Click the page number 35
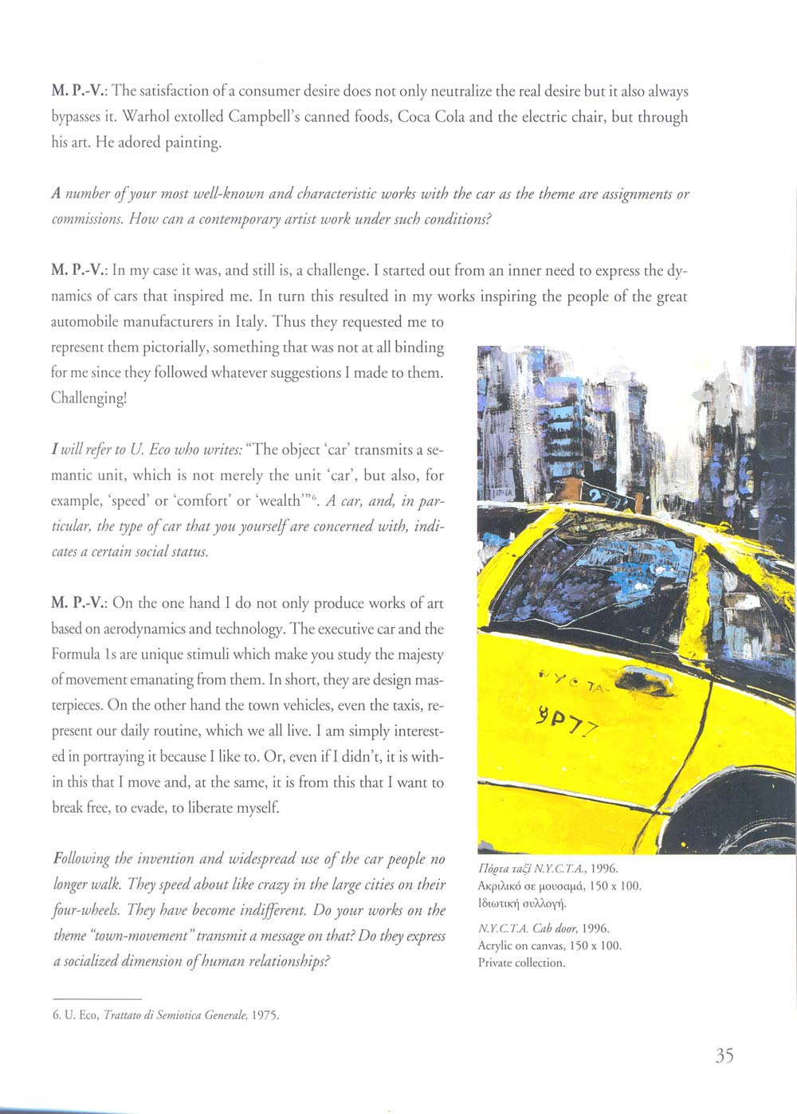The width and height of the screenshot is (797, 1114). [724, 1056]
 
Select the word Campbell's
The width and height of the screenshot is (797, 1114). [265, 117]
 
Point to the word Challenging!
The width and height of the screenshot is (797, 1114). [88, 398]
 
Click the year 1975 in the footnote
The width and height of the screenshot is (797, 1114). [266, 1015]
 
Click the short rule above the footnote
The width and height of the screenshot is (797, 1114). [96, 998]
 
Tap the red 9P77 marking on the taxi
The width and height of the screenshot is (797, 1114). [571, 721]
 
